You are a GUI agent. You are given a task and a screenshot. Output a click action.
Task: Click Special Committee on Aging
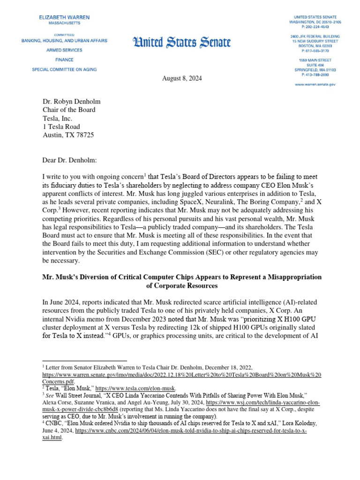(65, 69)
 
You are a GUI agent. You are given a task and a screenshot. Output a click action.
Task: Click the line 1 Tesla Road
(61, 127)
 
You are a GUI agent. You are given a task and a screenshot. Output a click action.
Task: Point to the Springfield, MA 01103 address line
(315, 69)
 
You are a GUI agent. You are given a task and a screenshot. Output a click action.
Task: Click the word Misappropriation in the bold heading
(291, 277)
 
